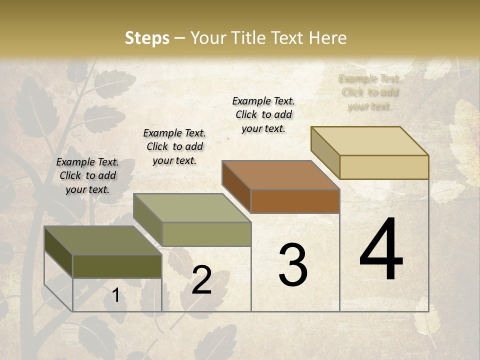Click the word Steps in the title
pyautogui.click(x=147, y=38)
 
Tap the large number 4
pyautogui.click(x=381, y=250)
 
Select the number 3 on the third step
pyautogui.click(x=293, y=265)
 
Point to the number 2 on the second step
pyautogui.click(x=201, y=280)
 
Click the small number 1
pyautogui.click(x=115, y=295)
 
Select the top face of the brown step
pyautogui.click(x=280, y=175)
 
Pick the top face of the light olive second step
pyautogui.click(x=191, y=208)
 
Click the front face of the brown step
pyautogui.click(x=295, y=201)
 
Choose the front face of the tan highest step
pyautogui.click(x=384, y=167)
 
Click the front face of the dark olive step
pyautogui.click(x=117, y=266)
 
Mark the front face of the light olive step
pyautogui.click(x=206, y=234)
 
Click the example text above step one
pyautogui.click(x=87, y=175)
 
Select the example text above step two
pyautogui.click(x=174, y=146)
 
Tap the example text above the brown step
pyautogui.click(x=263, y=114)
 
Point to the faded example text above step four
pyautogui.click(x=369, y=92)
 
